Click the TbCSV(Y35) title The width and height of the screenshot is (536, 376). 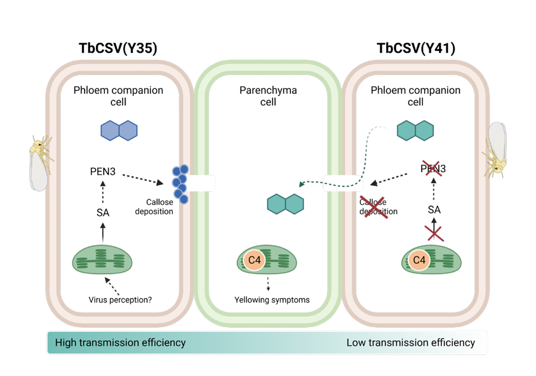click(x=118, y=49)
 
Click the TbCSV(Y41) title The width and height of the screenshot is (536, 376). click(x=416, y=49)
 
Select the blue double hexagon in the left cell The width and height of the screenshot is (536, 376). click(x=119, y=130)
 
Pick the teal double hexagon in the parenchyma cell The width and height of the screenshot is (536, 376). click(x=285, y=204)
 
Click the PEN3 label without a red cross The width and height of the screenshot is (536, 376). click(x=103, y=170)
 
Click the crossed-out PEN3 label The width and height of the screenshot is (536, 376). click(x=433, y=169)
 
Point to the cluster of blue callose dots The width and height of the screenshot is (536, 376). click(x=181, y=184)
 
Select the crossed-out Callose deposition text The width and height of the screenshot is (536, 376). click(x=378, y=207)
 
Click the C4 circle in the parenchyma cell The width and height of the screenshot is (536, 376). click(x=254, y=260)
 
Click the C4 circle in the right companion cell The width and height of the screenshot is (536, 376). click(x=420, y=260)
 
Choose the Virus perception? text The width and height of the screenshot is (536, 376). click(x=120, y=299)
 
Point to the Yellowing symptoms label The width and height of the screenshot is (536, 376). click(x=272, y=299)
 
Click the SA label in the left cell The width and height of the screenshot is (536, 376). click(x=103, y=213)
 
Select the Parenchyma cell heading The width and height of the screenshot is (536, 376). click(x=268, y=96)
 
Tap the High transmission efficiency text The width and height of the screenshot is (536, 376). click(x=120, y=343)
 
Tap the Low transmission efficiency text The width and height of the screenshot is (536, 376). click(x=410, y=343)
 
